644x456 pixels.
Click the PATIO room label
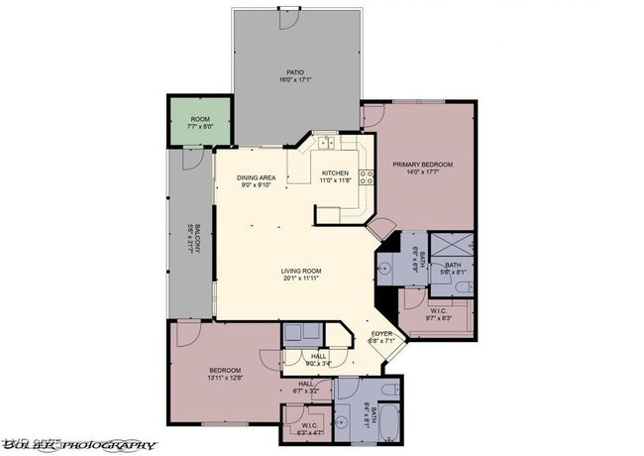(x=294, y=72)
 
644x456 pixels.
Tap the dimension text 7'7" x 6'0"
(x=200, y=127)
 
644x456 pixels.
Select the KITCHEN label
(x=335, y=173)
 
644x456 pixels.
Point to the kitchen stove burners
(x=366, y=178)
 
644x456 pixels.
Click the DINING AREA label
(x=255, y=178)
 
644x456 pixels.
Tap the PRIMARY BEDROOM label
(x=422, y=165)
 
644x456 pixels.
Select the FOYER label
(x=381, y=334)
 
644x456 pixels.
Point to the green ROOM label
(x=200, y=119)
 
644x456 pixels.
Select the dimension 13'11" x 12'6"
(x=224, y=378)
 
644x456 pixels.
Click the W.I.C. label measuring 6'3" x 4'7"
(x=309, y=426)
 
